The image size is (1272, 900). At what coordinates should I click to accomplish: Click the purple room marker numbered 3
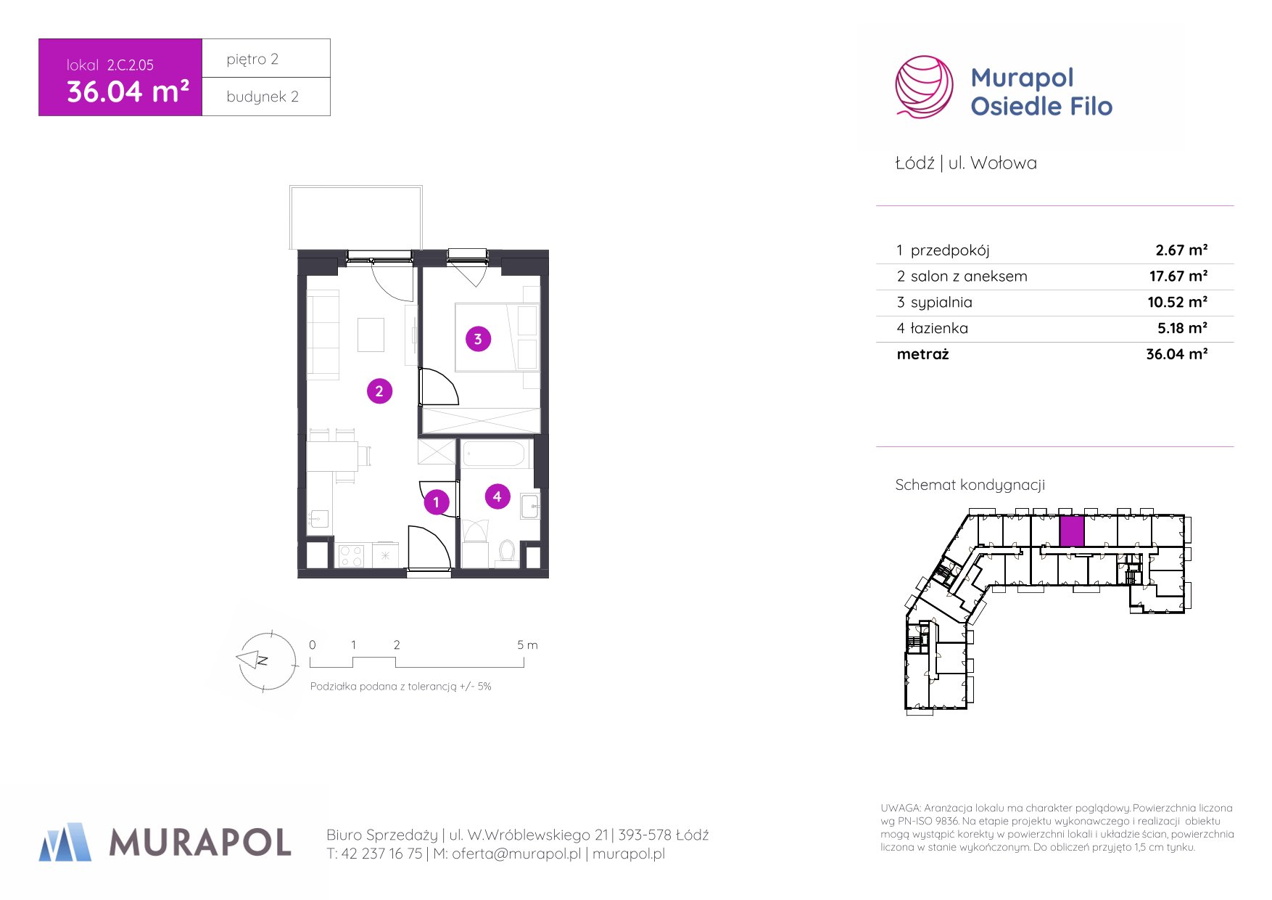click(478, 339)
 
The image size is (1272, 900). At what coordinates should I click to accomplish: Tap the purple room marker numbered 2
click(379, 391)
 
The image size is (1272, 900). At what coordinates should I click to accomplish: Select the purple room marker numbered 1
click(436, 502)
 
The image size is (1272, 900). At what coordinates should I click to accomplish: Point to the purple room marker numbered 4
click(497, 496)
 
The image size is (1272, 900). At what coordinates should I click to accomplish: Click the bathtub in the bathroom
click(494, 454)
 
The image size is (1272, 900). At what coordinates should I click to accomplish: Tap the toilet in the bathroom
click(507, 551)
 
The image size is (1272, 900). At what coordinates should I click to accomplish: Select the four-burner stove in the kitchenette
click(352, 556)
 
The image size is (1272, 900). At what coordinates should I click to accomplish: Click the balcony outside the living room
click(356, 218)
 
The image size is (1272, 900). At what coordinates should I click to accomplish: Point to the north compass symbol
click(267, 660)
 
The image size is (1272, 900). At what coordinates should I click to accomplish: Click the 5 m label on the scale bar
click(527, 645)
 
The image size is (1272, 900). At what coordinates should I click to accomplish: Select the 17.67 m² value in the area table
click(1178, 276)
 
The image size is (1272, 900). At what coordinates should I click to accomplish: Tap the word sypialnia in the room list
click(941, 303)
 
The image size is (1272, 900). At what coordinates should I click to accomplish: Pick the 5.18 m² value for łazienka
click(1182, 328)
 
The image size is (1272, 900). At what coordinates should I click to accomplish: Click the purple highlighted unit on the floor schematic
click(1071, 531)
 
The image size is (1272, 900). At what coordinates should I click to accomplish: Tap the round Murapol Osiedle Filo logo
click(924, 87)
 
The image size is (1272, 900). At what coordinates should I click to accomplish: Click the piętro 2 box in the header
click(266, 58)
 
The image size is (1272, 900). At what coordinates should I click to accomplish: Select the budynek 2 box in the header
click(266, 97)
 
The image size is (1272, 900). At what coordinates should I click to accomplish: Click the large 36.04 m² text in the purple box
click(128, 91)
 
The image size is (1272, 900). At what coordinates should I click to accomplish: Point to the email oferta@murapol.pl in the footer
click(516, 854)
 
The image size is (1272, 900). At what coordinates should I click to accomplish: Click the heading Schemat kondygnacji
click(970, 485)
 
